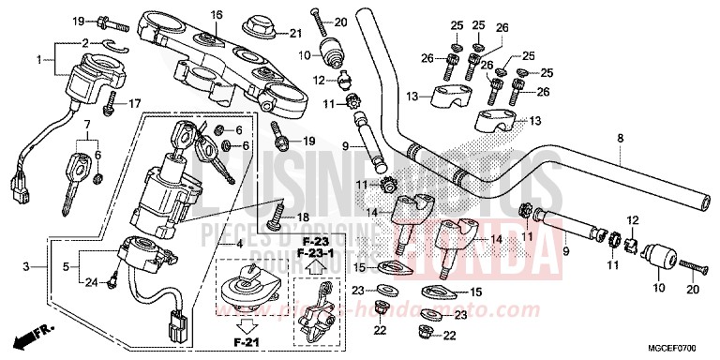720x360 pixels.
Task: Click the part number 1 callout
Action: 39,60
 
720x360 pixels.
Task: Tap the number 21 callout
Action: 296,35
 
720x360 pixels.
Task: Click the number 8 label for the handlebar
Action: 620,139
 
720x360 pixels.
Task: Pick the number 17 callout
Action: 134,103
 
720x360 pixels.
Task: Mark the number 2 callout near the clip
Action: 84,43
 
